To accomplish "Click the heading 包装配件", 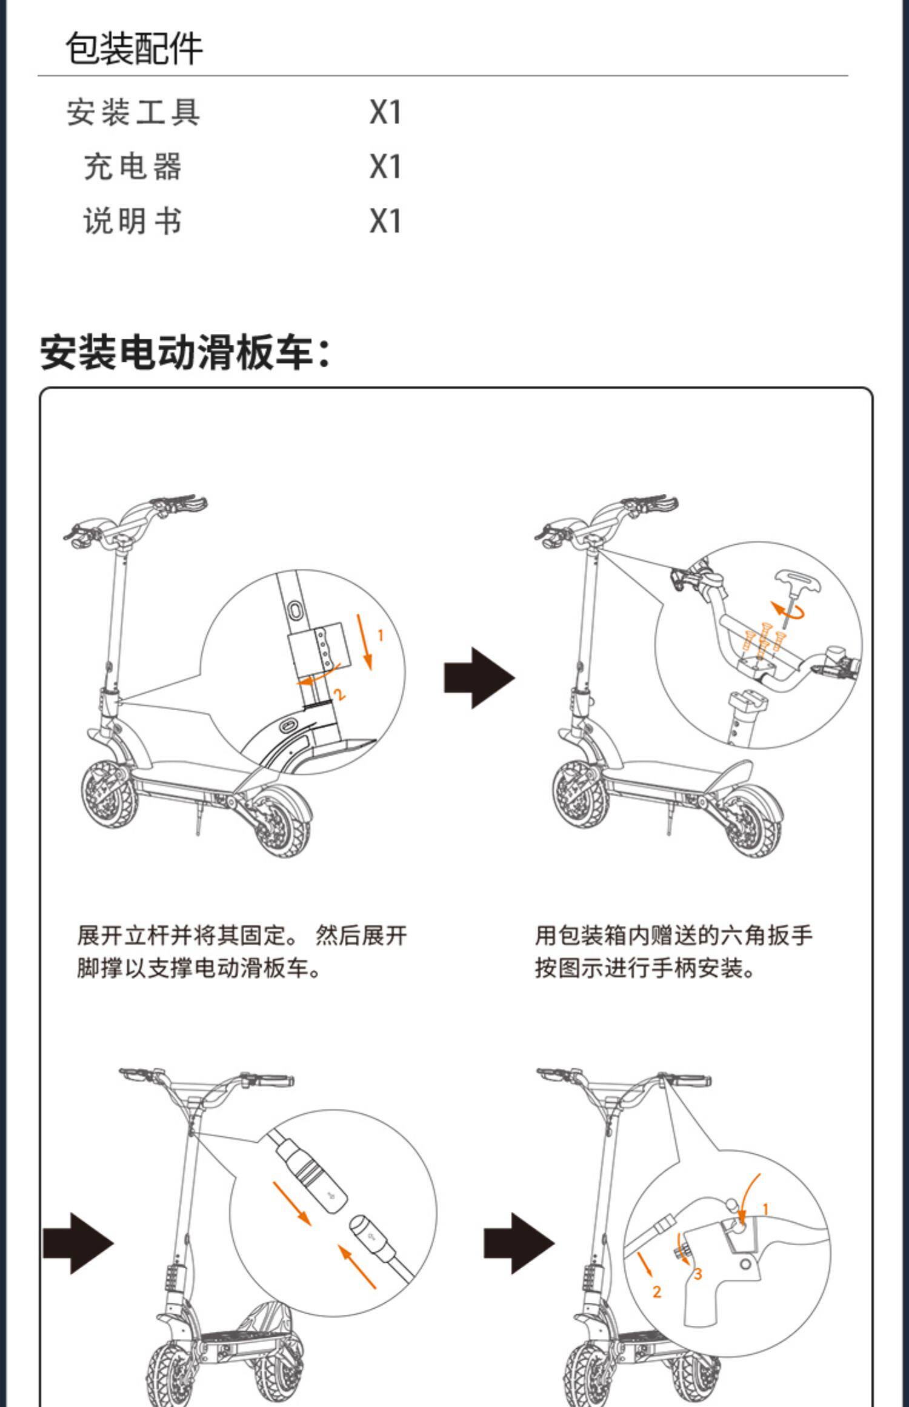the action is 134,48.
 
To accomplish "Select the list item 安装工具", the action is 133,113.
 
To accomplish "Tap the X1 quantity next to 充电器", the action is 385,167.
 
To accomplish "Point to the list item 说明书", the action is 133,221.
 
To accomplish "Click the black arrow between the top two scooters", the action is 479,677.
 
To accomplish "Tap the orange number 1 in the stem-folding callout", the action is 381,635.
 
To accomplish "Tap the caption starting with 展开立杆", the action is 241,951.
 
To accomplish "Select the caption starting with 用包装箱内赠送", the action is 673,951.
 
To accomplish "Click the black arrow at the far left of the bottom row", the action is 79,1243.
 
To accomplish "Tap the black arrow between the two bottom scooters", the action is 519,1243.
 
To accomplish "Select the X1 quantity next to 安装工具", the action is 385,113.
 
